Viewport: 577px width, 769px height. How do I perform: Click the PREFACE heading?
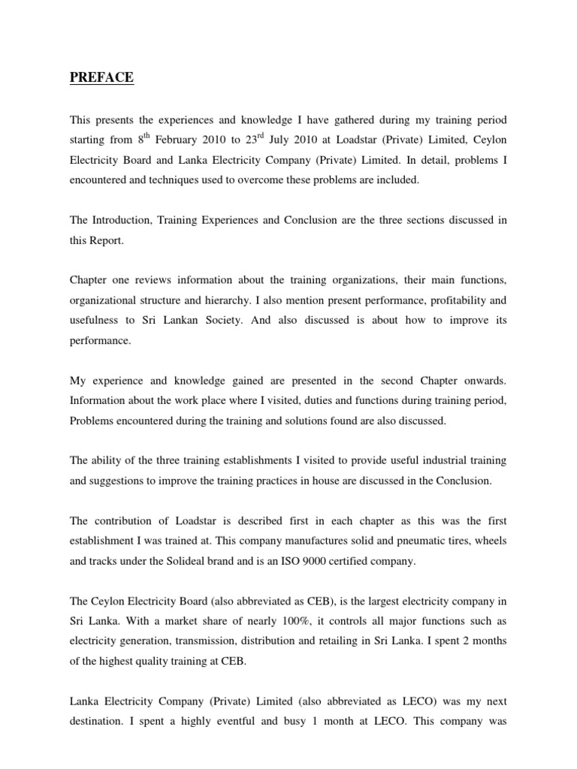click(101, 77)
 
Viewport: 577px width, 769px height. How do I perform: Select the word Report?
click(107, 240)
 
